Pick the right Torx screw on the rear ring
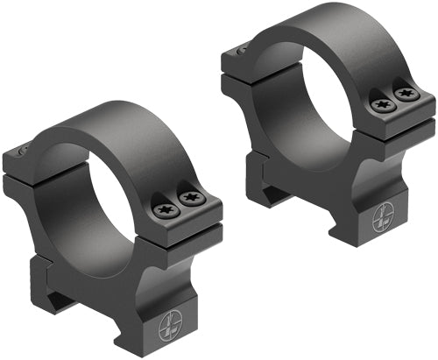click(405, 92)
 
